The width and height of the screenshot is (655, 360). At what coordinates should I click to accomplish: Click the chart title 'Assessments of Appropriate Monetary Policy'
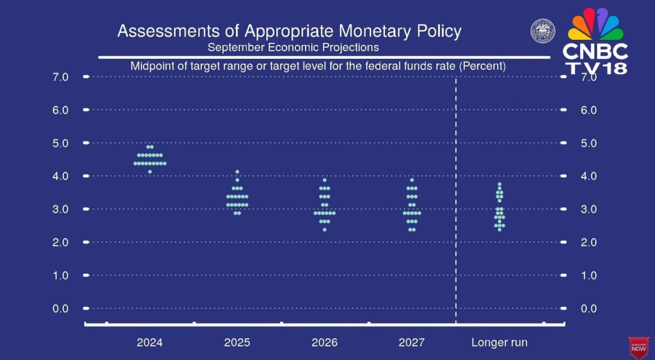(x=289, y=31)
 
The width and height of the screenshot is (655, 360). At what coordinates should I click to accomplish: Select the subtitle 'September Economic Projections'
(x=293, y=47)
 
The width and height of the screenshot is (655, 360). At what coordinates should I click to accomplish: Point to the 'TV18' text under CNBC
(x=596, y=68)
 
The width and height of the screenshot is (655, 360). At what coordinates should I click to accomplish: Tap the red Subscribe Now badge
(x=638, y=347)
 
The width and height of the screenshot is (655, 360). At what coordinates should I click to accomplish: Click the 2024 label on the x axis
(x=150, y=343)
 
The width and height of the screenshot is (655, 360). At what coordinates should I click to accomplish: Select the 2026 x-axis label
(x=324, y=343)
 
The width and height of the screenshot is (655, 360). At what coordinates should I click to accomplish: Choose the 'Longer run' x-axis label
(x=499, y=343)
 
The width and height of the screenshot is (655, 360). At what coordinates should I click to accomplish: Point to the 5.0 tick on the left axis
(x=60, y=143)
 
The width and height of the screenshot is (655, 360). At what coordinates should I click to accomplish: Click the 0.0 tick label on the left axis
(x=60, y=309)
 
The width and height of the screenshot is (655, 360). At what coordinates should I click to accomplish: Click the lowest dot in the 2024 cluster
(x=150, y=172)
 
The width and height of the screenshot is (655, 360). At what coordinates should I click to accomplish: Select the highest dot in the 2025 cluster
(x=237, y=172)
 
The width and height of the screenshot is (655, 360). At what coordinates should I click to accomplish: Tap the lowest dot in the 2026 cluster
(x=324, y=230)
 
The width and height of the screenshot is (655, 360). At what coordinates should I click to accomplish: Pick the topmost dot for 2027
(x=412, y=180)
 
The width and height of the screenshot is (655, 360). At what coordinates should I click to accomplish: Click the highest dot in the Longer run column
(x=499, y=184)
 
